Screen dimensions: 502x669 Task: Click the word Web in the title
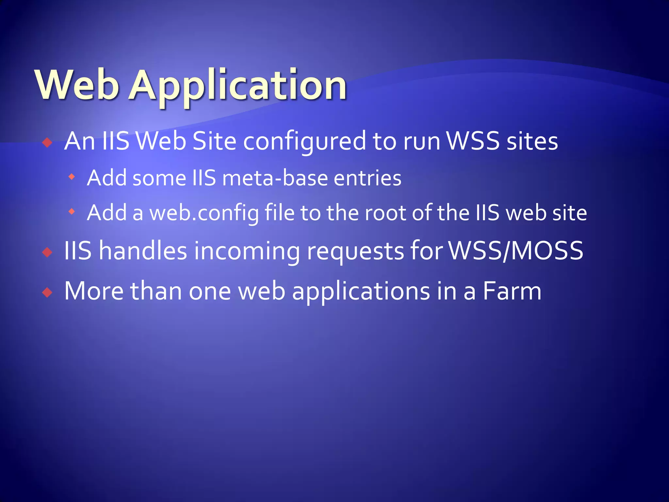(77, 85)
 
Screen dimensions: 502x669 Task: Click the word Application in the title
(237, 86)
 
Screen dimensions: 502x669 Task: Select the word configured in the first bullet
(304, 142)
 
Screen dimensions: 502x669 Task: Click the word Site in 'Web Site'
(214, 141)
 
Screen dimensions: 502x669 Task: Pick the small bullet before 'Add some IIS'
(72, 177)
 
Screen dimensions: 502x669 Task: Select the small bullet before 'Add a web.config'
(72, 212)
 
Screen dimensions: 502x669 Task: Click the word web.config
(204, 213)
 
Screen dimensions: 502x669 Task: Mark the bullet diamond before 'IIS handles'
(48, 252)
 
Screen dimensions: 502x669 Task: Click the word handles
(143, 251)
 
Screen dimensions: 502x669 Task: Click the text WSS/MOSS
(516, 251)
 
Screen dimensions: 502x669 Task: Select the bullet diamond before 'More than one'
(48, 292)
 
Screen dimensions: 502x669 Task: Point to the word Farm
(512, 291)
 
